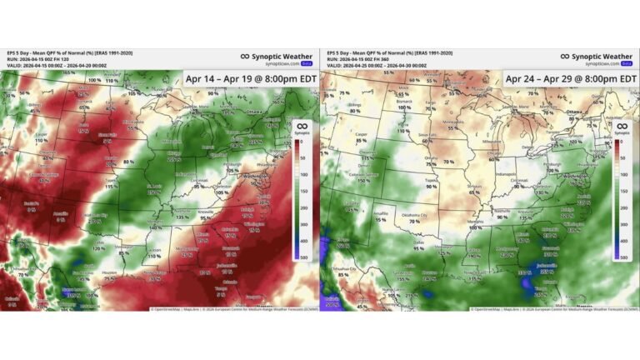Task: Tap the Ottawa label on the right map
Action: tap(574, 111)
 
